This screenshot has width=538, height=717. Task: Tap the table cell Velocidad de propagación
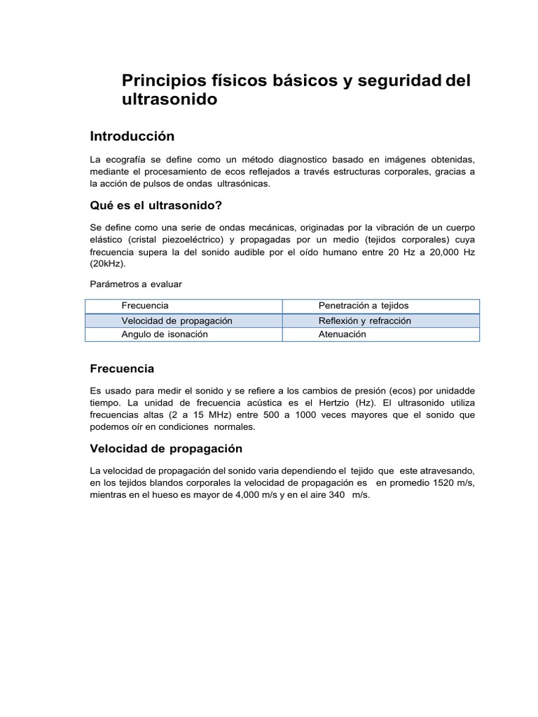click(177, 321)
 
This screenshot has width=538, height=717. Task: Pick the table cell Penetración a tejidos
click(363, 306)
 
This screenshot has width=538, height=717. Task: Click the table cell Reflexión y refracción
click(364, 321)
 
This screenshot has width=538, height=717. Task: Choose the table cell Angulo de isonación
click(165, 335)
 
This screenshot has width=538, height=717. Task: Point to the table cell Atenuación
click(343, 335)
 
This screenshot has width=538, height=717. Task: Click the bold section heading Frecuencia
click(123, 369)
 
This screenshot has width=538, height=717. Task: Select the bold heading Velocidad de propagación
click(166, 449)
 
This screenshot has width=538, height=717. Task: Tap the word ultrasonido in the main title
click(170, 100)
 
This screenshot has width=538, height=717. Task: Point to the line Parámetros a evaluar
click(136, 284)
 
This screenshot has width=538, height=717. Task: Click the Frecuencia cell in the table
click(145, 306)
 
